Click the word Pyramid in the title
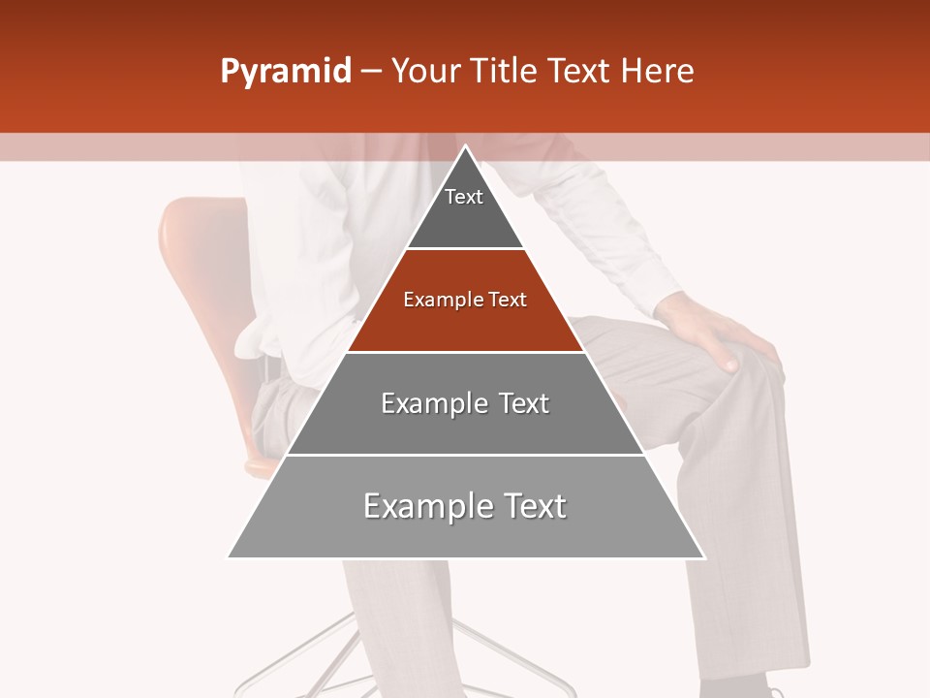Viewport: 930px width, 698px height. [286, 72]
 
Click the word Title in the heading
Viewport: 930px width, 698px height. [504, 71]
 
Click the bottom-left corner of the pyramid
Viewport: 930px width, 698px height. [230, 556]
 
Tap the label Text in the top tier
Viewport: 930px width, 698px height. [464, 197]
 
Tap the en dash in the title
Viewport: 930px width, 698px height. [371, 72]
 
